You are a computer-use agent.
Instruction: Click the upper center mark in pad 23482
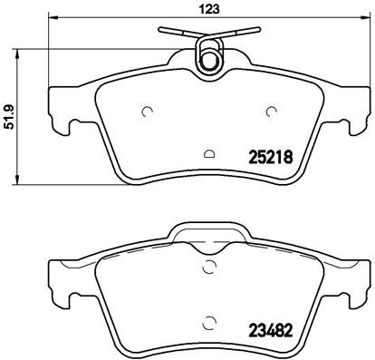click(x=210, y=267)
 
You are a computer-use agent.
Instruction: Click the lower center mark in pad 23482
click(x=210, y=320)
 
